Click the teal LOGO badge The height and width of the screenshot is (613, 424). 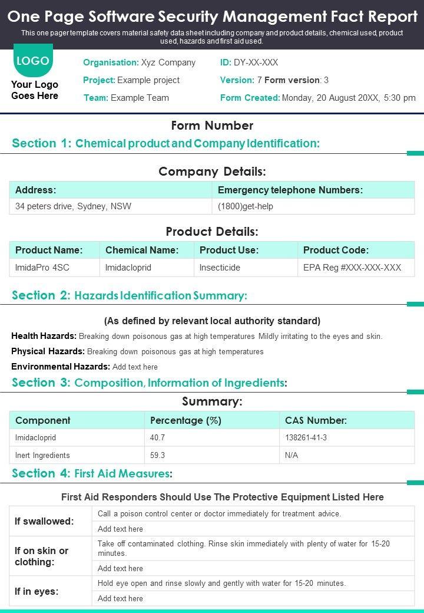(33, 61)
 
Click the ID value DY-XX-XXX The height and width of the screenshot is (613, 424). (256, 62)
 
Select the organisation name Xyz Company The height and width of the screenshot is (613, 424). (168, 62)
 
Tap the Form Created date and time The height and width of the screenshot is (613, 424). (349, 98)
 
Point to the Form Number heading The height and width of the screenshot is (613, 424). (212, 126)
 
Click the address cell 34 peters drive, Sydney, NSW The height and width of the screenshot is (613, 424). (73, 206)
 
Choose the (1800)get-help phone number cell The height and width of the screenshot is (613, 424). (246, 206)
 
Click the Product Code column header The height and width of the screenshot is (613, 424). (336, 250)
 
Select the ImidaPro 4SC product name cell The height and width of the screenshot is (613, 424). (42, 268)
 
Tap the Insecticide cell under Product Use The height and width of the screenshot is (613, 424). (220, 268)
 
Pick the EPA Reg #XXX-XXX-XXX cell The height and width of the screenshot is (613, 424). (352, 268)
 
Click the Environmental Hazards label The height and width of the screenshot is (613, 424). (61, 367)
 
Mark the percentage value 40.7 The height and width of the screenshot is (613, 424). (158, 438)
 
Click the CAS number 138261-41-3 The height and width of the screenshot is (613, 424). (306, 438)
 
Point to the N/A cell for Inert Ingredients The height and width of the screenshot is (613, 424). (291, 456)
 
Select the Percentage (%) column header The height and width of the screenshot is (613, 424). (185, 420)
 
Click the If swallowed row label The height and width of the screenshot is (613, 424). (44, 521)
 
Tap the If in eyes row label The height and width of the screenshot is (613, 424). (37, 591)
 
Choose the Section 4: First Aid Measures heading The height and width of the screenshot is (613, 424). (92, 473)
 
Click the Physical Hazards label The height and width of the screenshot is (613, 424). (48, 351)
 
